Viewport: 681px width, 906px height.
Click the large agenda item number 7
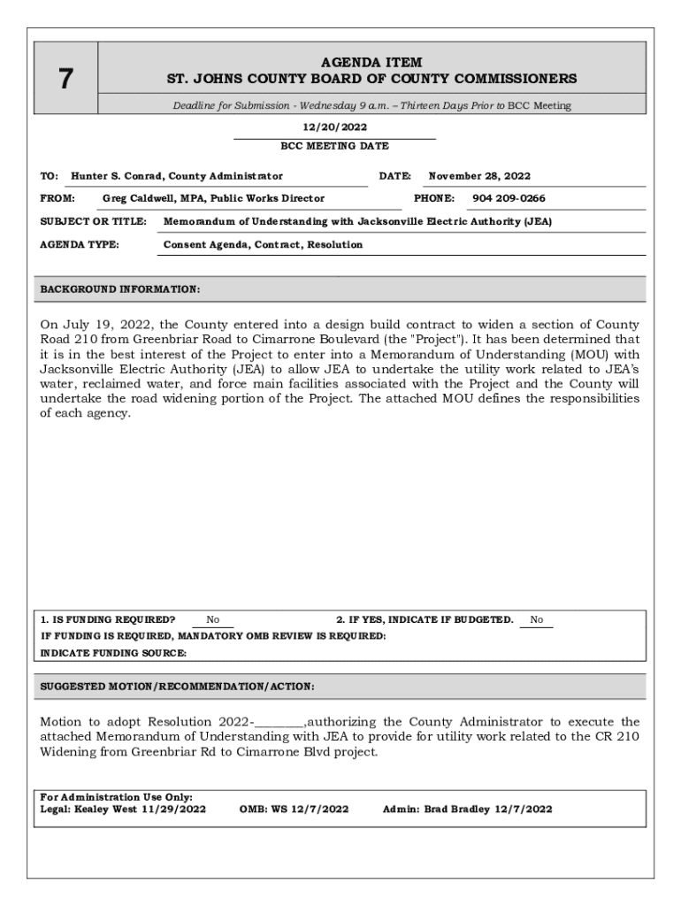(65, 80)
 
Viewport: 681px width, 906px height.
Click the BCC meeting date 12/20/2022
(334, 127)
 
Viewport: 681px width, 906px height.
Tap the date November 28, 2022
(479, 176)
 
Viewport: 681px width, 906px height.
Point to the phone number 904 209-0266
(509, 198)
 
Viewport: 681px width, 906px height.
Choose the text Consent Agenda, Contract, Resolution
(263, 244)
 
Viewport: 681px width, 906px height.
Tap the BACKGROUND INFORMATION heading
(120, 289)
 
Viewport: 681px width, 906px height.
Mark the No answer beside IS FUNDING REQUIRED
(213, 620)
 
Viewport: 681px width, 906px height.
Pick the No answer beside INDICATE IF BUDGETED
(537, 620)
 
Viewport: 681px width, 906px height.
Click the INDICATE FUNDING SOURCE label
(114, 653)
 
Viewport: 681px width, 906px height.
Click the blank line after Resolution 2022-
(279, 723)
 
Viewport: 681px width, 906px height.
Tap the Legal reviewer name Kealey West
(106, 809)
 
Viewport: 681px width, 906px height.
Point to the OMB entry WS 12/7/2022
(310, 809)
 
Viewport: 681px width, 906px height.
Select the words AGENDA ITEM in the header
(371, 63)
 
